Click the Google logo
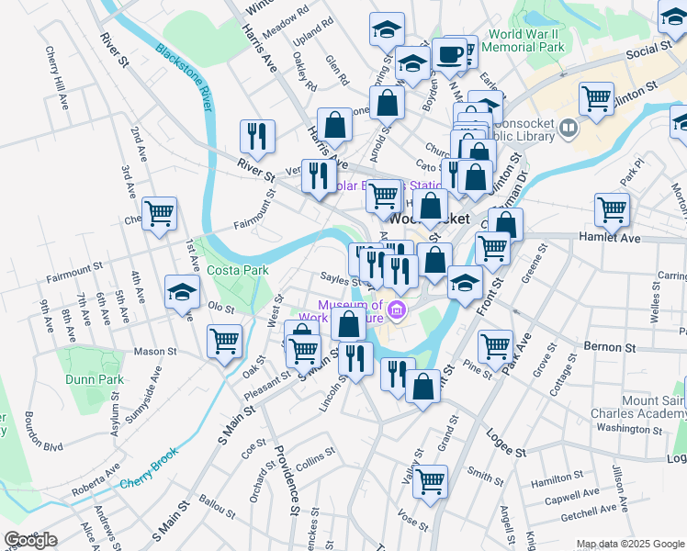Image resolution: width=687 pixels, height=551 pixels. (30, 540)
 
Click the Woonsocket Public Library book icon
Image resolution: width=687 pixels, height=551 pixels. (568, 129)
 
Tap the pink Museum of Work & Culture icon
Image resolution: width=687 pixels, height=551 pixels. (397, 310)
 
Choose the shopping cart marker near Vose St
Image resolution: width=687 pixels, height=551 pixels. (430, 480)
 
